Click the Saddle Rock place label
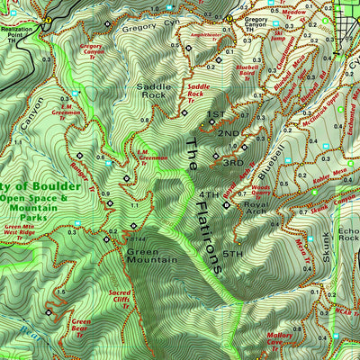(151, 90)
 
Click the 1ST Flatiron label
(216, 115)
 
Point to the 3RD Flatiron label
(232, 163)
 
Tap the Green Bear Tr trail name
(81, 325)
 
